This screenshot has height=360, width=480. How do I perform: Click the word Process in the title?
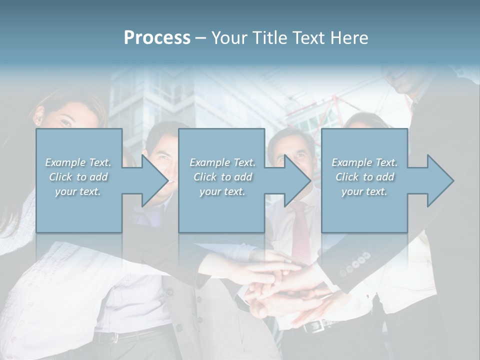pyautogui.click(x=157, y=38)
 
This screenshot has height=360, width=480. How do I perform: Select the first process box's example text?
pyautogui.click(x=78, y=177)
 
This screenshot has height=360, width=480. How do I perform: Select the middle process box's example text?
pyautogui.click(x=222, y=177)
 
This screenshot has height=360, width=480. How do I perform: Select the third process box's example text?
pyautogui.click(x=364, y=177)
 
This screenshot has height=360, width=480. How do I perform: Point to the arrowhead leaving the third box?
pyautogui.click(x=439, y=180)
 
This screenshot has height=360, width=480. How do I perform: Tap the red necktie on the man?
pyautogui.click(x=301, y=230)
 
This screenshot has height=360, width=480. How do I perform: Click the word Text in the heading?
pyautogui.click(x=309, y=38)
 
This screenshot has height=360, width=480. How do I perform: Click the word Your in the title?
pyautogui.click(x=229, y=38)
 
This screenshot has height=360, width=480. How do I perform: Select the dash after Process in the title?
pyautogui.click(x=201, y=38)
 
